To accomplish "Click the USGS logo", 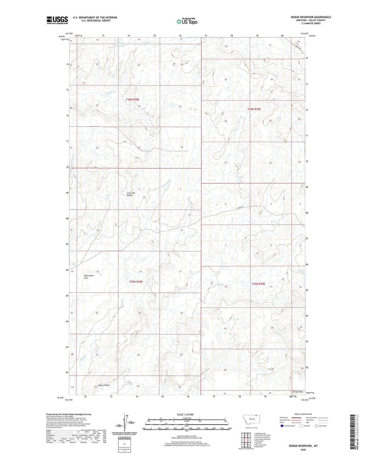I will [x=57, y=20].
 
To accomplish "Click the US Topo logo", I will [x=187, y=21].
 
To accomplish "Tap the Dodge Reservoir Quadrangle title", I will [x=311, y=17].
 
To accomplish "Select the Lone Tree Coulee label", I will [x=131, y=194].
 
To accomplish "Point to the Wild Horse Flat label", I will [x=89, y=277].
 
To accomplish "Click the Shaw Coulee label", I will [x=104, y=385].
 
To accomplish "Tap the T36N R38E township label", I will [x=132, y=100].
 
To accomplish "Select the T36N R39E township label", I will [x=254, y=109].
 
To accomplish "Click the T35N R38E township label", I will [x=136, y=282].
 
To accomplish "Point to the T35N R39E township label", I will [x=258, y=284].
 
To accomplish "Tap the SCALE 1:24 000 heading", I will [x=185, y=415].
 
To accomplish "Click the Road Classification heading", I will [x=303, y=414].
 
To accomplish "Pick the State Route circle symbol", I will [x=316, y=426].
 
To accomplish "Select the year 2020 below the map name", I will [x=303, y=450].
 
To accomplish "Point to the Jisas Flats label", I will [x=298, y=392].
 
